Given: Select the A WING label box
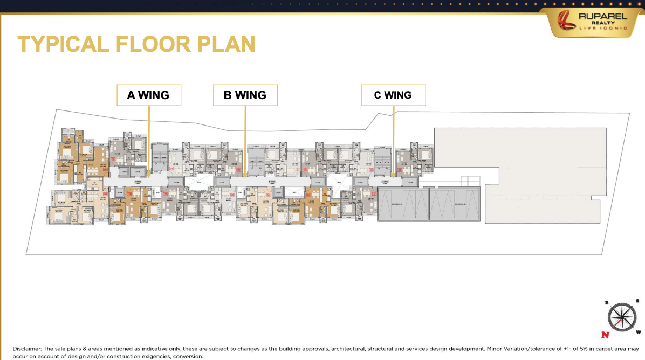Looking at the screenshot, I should (x=148, y=95).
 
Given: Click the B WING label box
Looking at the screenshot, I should (x=245, y=95).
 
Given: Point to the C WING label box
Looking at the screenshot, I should (x=393, y=95).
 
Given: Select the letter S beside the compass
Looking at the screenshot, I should (x=637, y=301).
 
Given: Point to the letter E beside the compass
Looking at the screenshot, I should (x=607, y=303).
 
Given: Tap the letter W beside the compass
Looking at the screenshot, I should (x=639, y=332).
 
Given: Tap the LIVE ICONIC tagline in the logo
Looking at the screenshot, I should (x=602, y=29).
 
